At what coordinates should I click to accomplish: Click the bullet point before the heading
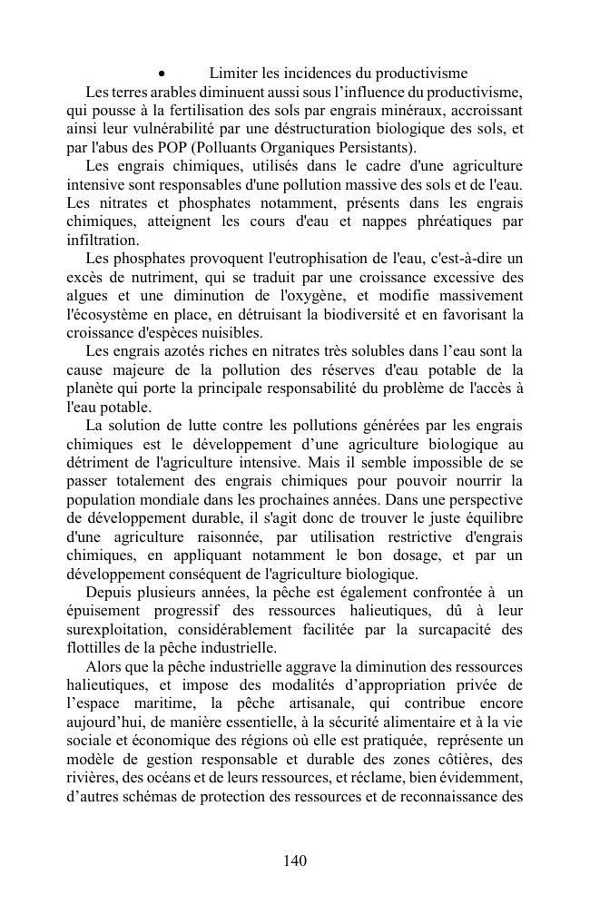(x=161, y=74)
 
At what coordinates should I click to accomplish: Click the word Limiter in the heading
(x=232, y=73)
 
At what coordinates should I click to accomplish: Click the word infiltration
(x=103, y=241)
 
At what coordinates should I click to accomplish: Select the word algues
(x=88, y=296)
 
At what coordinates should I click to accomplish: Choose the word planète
(x=91, y=389)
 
